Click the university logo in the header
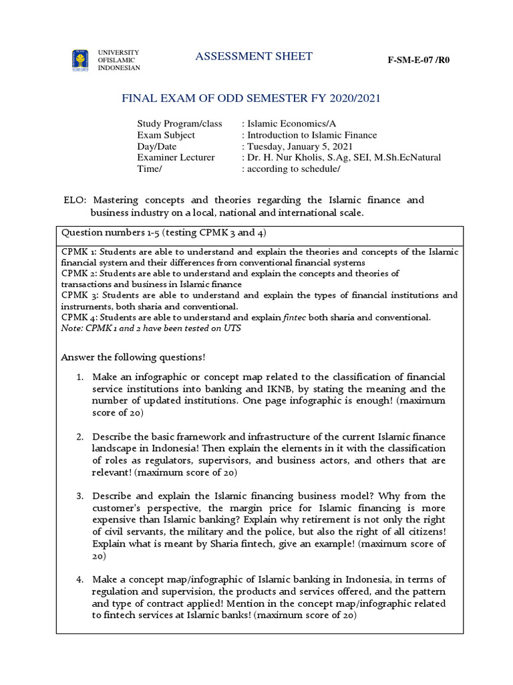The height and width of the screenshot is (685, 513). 79,60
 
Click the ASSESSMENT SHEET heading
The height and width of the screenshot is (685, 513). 253,56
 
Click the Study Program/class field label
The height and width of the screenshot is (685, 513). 179,124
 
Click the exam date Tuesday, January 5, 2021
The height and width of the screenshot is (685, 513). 300,146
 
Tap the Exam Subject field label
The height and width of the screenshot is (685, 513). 166,135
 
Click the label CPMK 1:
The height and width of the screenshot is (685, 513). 79,252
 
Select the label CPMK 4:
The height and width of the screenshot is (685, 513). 79,317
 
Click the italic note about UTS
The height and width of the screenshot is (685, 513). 150,328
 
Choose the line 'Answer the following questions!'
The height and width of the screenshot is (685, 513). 133,357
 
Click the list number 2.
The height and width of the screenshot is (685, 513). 79,437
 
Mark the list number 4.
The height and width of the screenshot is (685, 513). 79,579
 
